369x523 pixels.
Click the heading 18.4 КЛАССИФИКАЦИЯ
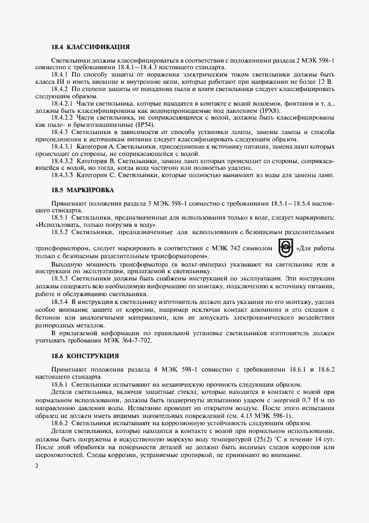90,47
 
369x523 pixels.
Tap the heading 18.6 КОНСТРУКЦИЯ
85,355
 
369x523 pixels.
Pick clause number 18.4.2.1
63,103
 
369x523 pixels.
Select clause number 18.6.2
60,424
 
